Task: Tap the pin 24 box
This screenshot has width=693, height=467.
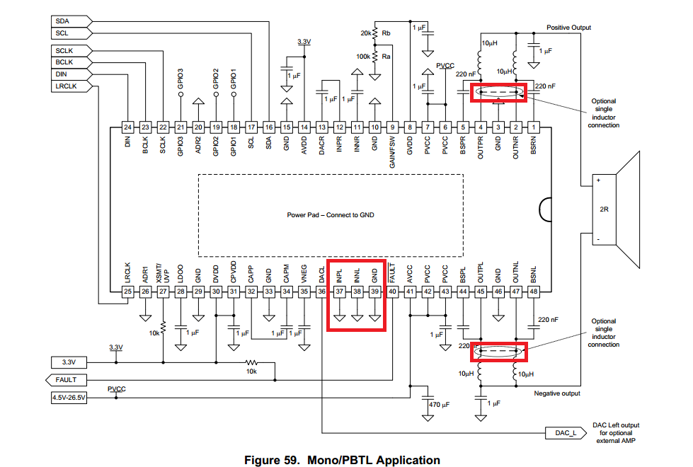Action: [x=127, y=127]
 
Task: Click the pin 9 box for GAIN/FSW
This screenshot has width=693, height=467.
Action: [x=393, y=127]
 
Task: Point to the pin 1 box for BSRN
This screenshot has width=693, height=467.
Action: [x=534, y=127]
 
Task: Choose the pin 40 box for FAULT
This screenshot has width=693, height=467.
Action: [x=392, y=292]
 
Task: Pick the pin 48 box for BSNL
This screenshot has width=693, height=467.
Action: [x=534, y=292]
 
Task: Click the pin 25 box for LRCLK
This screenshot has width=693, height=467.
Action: [x=127, y=292]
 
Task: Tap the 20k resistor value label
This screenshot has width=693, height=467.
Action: [x=365, y=33]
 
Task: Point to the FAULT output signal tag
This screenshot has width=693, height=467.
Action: [x=67, y=380]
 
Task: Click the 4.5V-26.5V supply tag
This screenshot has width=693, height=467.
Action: [x=68, y=398]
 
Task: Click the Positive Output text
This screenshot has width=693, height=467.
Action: [x=568, y=28]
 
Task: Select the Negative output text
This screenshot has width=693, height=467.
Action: [x=557, y=393]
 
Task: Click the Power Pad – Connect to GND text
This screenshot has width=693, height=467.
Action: [x=331, y=215]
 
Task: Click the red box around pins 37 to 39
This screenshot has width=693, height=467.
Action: [x=357, y=295]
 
